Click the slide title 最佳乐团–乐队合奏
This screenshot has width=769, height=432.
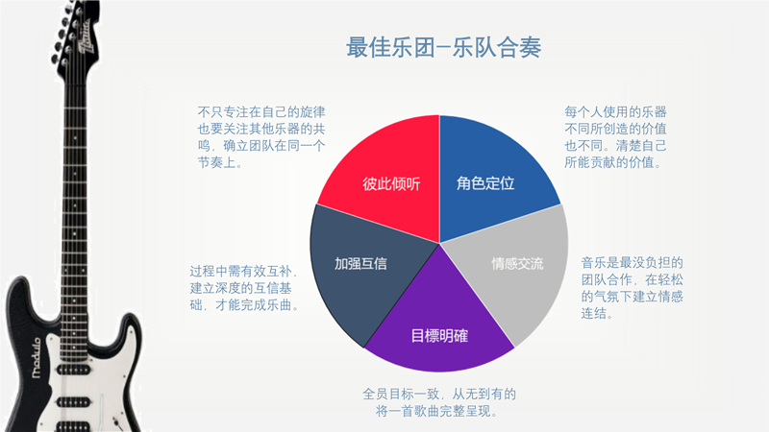click(x=443, y=47)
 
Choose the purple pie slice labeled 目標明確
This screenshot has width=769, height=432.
click(x=439, y=324)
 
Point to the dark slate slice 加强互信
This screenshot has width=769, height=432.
click(x=363, y=270)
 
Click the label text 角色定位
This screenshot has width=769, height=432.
click(x=485, y=183)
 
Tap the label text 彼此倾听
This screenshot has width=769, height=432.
click(x=391, y=183)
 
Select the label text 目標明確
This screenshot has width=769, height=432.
click(x=439, y=336)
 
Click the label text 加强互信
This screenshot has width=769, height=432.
click(x=360, y=264)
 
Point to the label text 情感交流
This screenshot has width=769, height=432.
click(x=517, y=264)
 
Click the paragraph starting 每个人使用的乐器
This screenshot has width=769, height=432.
click(x=615, y=137)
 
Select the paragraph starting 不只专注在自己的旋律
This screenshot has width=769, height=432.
click(x=261, y=137)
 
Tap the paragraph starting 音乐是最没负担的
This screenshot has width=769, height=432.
click(x=633, y=288)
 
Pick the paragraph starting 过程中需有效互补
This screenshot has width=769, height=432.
click(x=244, y=288)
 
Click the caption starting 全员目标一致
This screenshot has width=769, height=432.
click(x=439, y=402)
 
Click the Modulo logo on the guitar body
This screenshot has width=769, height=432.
click(x=37, y=358)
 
